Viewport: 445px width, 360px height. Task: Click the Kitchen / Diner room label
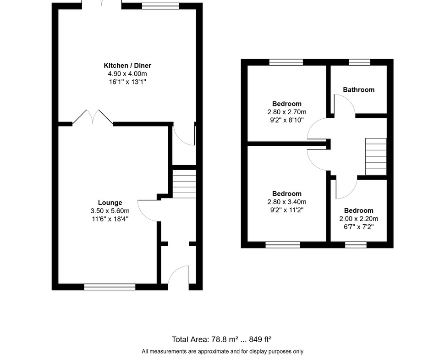point(127,66)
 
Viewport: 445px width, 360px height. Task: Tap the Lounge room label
point(110,203)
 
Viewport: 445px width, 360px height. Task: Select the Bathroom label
point(359,90)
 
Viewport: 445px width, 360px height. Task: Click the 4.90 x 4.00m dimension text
point(127,74)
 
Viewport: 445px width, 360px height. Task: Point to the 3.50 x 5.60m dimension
point(110,211)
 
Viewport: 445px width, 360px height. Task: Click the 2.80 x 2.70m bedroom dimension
point(287,112)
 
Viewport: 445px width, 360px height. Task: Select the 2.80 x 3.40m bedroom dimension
point(287,202)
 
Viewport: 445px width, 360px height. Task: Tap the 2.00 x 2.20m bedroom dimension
point(359,219)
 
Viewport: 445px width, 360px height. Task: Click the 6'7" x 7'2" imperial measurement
point(359,227)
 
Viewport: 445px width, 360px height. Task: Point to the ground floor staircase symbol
point(184,184)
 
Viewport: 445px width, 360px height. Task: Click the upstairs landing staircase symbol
point(376,157)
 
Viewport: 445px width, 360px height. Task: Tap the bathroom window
point(360,62)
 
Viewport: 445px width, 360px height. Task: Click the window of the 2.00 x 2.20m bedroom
point(356,245)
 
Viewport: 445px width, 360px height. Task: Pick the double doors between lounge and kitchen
point(93,117)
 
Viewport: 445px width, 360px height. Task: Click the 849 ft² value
point(260,339)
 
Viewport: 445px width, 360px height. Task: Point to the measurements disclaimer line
point(223,352)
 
